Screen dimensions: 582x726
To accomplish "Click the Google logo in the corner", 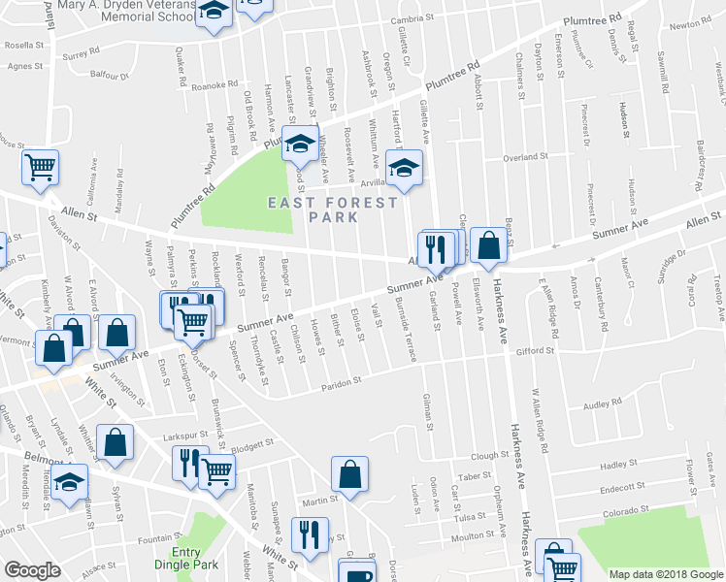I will pyautogui.click(x=32, y=570).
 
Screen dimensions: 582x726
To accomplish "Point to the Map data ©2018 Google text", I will pyautogui.click(x=665, y=574).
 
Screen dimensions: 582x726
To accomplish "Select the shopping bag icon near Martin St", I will pyautogui.click(x=350, y=475).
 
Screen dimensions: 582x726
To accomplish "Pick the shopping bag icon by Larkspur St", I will pyautogui.click(x=115, y=442).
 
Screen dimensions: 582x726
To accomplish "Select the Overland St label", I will pyautogui.click(x=525, y=157).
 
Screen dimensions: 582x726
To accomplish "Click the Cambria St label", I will pyautogui.click(x=411, y=19).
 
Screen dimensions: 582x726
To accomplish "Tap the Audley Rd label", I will pyautogui.click(x=602, y=405).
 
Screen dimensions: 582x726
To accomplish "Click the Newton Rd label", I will pyautogui.click(x=705, y=25).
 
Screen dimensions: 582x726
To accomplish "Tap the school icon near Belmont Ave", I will pyautogui.click(x=70, y=482).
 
